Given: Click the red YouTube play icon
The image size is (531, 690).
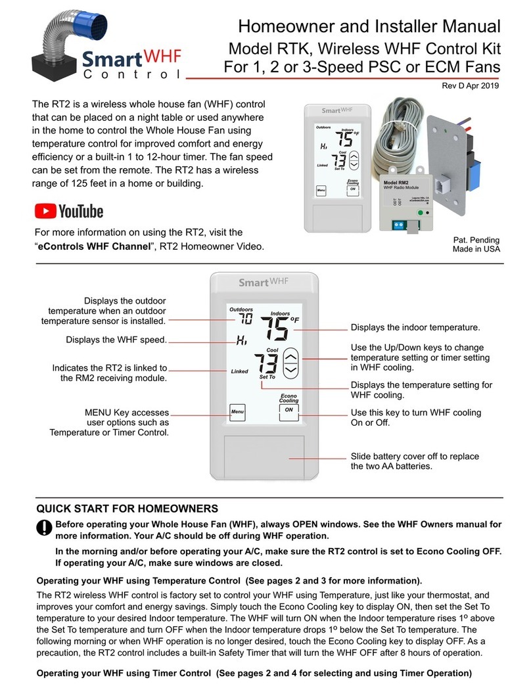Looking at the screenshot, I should (45, 211).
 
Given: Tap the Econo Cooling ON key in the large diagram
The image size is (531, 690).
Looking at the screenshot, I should (288, 410).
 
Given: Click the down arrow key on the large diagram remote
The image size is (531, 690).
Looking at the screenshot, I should (292, 369).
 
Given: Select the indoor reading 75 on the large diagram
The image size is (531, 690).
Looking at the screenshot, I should (275, 329).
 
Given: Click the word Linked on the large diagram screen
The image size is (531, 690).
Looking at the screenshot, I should (239, 371).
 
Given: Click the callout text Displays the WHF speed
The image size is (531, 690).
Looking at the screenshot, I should (116, 340).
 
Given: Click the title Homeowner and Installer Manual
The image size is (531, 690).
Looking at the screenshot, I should (369, 26).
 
